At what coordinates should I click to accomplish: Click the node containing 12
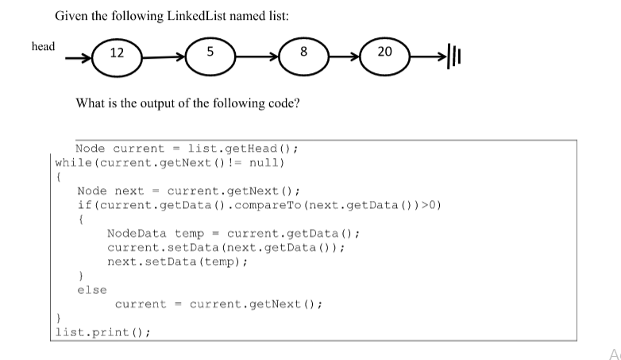[117, 53]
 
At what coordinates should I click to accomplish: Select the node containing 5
[209, 53]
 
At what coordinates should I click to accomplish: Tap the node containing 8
[303, 53]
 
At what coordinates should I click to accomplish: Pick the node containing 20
[385, 53]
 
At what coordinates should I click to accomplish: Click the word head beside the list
[44, 46]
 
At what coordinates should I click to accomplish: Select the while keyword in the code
[73, 164]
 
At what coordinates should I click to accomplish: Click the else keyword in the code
[92, 290]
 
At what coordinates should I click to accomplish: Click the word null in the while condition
[266, 164]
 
